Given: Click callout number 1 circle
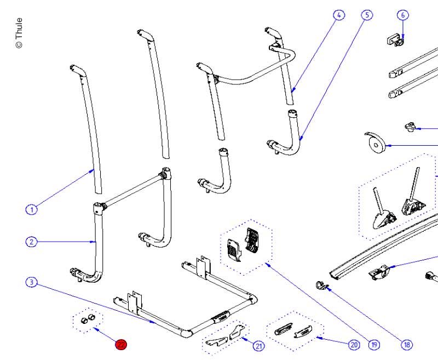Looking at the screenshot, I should [32, 209].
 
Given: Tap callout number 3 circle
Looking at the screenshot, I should [32, 282].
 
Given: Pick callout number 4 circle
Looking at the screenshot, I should [339, 15].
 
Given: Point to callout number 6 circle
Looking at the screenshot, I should [403, 15].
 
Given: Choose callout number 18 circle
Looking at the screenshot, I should [406, 345].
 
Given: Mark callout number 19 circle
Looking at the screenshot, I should [374, 345].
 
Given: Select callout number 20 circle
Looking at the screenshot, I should [353, 345].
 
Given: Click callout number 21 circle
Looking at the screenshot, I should [258, 345].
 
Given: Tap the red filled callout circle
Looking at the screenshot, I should [120, 344].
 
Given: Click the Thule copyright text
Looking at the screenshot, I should [19, 33].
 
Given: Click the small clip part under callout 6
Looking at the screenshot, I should [394, 39].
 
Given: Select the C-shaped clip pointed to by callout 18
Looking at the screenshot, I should [321, 284].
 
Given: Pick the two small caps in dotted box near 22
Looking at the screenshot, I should [88, 319].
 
